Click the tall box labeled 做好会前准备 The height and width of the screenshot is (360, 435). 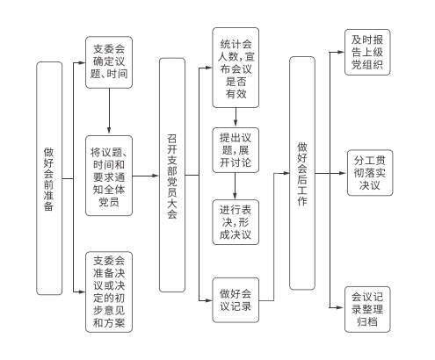[49, 178]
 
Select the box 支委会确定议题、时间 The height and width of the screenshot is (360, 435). [109, 62]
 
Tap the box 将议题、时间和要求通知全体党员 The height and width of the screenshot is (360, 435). [109, 176]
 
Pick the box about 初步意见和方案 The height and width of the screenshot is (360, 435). [109, 292]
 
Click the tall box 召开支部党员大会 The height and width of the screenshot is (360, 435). [172, 175]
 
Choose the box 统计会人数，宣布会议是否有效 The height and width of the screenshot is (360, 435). [236, 68]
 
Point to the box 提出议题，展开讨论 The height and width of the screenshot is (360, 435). [236, 150]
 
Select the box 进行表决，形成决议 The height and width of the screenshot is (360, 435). [236, 222]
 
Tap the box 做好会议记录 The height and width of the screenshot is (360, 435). [236, 300]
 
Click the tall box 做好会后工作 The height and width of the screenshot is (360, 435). [302, 173]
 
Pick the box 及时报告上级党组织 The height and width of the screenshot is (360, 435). [367, 52]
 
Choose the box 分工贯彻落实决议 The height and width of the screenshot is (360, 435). [370, 173]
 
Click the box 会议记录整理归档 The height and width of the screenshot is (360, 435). [367, 309]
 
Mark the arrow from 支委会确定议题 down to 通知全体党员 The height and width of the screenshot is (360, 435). [109, 112]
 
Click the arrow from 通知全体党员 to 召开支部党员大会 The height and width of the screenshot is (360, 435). [145, 176]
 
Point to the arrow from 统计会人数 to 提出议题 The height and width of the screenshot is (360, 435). [236, 118]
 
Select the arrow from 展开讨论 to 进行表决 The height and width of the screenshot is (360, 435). [235, 186]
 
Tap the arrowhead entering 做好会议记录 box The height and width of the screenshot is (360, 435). [208, 300]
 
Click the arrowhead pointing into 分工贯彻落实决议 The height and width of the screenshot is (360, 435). [343, 173]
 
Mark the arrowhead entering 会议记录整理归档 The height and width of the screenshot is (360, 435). [340, 308]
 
